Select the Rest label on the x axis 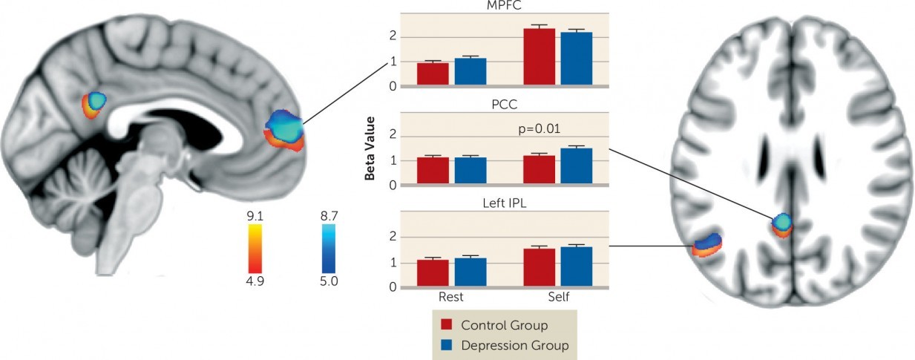coord(450,297)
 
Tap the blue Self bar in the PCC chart coord(576,166)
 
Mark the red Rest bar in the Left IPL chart coord(433,273)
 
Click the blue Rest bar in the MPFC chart coord(470,72)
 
